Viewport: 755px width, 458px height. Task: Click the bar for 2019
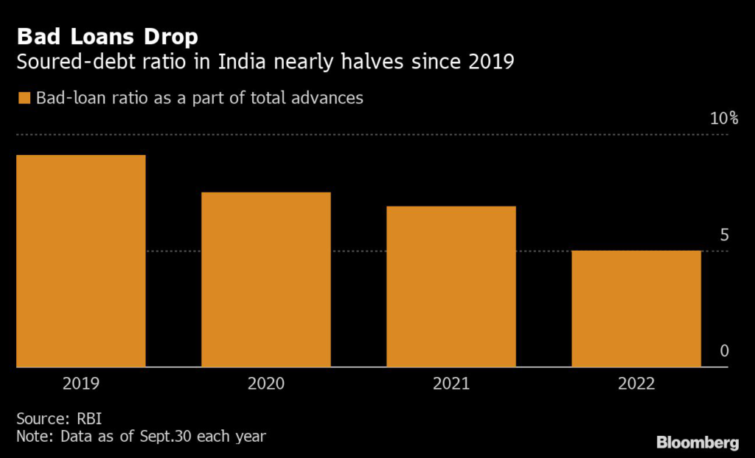[x=81, y=261]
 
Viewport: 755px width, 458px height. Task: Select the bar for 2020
[x=266, y=280]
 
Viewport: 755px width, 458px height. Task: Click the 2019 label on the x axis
[x=81, y=384]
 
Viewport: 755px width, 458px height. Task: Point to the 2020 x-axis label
[x=266, y=384]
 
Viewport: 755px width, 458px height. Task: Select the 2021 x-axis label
[x=451, y=384]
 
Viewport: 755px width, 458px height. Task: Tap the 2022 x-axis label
[x=636, y=384]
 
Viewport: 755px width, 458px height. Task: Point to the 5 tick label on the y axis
[x=724, y=235]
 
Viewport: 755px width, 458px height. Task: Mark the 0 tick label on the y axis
[x=724, y=351]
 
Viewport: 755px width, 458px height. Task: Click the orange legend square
[x=24, y=98]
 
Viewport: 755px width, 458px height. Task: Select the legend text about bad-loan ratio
[x=199, y=97]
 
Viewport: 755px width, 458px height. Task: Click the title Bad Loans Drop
[x=108, y=36]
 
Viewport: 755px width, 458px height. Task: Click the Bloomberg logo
[x=697, y=443]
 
